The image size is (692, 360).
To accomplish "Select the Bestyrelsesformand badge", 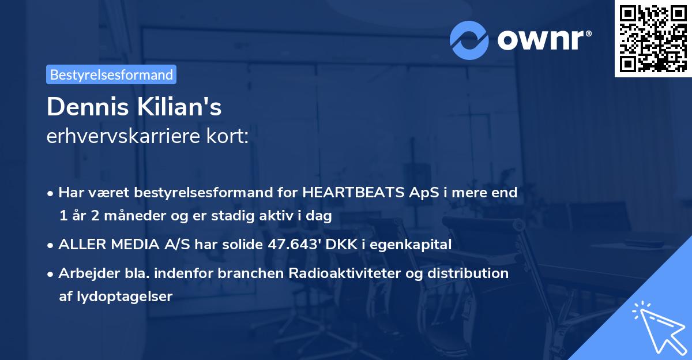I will [x=111, y=74].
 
